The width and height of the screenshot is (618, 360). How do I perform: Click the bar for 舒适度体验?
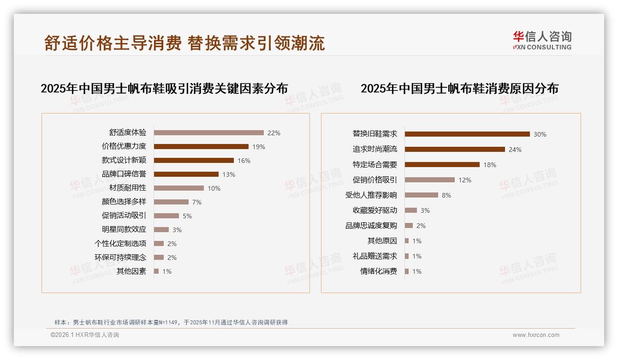(208, 133)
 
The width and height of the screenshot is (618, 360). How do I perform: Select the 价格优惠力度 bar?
(201, 147)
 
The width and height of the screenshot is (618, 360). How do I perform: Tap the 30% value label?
(540, 134)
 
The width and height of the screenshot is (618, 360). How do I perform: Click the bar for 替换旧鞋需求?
(467, 134)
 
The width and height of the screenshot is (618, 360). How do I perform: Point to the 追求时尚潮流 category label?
(374, 150)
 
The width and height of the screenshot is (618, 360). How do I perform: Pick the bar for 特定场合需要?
(442, 165)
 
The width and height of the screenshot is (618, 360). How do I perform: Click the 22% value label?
(273, 133)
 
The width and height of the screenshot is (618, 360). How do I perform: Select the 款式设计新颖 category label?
(124, 161)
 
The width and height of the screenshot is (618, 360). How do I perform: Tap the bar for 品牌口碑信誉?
(186, 174)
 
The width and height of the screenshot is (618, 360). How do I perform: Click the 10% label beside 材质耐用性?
(214, 188)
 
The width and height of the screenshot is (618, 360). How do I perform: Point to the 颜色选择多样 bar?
(171, 202)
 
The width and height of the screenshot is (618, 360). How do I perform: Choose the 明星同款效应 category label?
(124, 230)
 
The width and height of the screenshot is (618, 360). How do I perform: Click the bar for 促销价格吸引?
(430, 180)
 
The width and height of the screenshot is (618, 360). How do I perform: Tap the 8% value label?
(446, 195)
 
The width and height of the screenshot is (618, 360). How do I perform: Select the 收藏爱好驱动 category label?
(374, 210)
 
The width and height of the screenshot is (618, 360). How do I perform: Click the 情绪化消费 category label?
(378, 271)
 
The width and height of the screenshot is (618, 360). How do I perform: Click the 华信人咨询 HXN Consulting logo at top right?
(542, 41)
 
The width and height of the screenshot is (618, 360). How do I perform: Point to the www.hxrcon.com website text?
(535, 335)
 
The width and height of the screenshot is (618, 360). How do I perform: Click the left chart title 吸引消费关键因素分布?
(164, 89)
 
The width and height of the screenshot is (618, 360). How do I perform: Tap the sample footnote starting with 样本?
(171, 322)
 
